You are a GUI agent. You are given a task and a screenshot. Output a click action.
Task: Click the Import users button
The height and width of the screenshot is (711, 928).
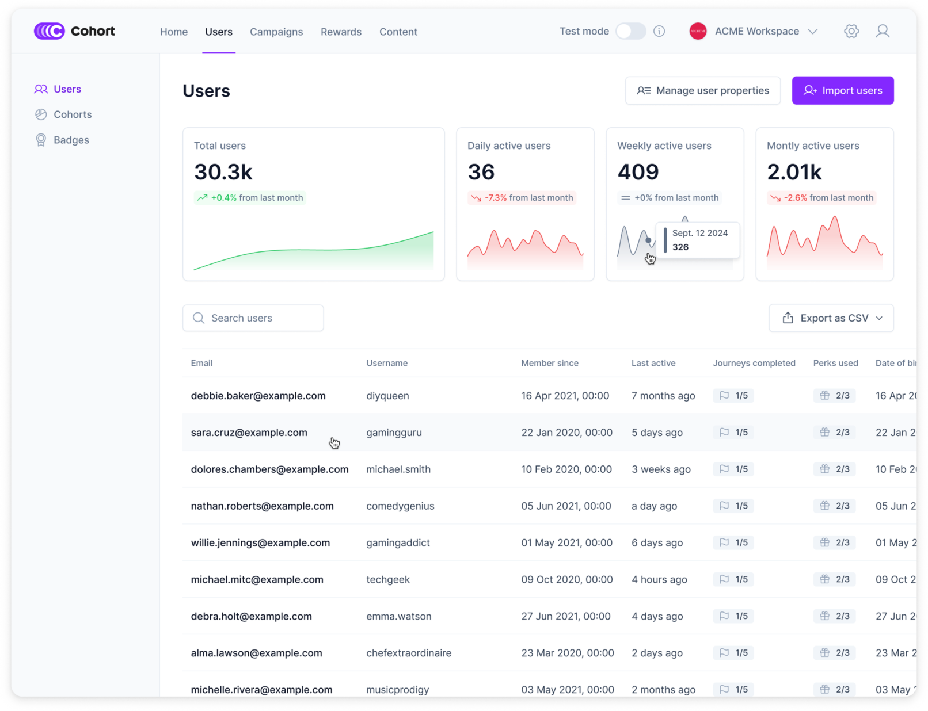[842, 90]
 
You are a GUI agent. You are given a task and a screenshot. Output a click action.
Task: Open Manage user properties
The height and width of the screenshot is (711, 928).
[702, 90]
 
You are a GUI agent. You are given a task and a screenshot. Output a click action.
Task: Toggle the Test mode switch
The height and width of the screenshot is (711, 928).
[630, 31]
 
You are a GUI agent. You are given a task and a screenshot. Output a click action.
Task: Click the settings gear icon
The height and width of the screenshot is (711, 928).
[851, 31]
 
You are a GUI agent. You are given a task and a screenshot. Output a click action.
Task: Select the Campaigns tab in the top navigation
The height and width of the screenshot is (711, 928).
[276, 32]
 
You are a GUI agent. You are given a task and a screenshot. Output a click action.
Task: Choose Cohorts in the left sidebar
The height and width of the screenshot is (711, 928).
[73, 114]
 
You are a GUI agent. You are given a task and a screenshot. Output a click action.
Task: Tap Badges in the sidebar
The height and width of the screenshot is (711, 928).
[71, 140]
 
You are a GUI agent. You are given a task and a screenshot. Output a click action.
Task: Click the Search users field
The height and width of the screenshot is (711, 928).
[253, 318]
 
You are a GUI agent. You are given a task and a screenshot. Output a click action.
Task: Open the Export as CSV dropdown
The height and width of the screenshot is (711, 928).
[831, 318]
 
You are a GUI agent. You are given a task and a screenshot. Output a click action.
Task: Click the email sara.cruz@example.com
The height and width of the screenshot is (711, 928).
[249, 433]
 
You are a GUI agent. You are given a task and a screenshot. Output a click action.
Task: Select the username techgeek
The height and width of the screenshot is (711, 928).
[388, 579]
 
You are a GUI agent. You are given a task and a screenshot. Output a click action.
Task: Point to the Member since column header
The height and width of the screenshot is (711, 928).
[550, 363]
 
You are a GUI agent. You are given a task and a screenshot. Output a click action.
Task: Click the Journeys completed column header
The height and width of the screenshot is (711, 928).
[754, 363]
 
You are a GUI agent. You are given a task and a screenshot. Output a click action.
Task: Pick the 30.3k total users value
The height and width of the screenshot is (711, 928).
[223, 172]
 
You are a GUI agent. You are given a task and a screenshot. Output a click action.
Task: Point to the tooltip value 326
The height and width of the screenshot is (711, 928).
[680, 247]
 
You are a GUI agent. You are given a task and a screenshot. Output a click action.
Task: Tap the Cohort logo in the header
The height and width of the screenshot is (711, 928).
[74, 31]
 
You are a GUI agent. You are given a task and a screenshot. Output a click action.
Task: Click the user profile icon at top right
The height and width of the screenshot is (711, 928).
[882, 31]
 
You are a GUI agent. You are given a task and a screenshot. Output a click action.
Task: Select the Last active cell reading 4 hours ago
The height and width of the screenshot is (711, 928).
[659, 579]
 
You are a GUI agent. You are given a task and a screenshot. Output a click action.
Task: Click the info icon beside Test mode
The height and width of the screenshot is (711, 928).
[659, 31]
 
